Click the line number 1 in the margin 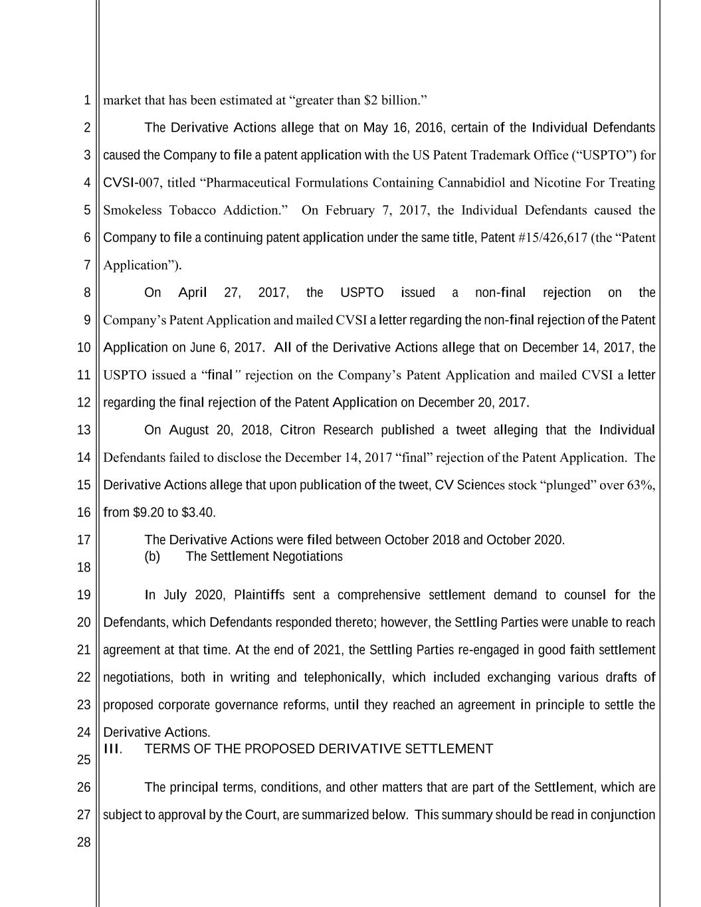tap(86, 101)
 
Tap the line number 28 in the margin tap(84, 843)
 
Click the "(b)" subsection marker tap(152, 556)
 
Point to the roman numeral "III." tap(113, 749)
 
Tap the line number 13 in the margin tap(84, 430)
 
